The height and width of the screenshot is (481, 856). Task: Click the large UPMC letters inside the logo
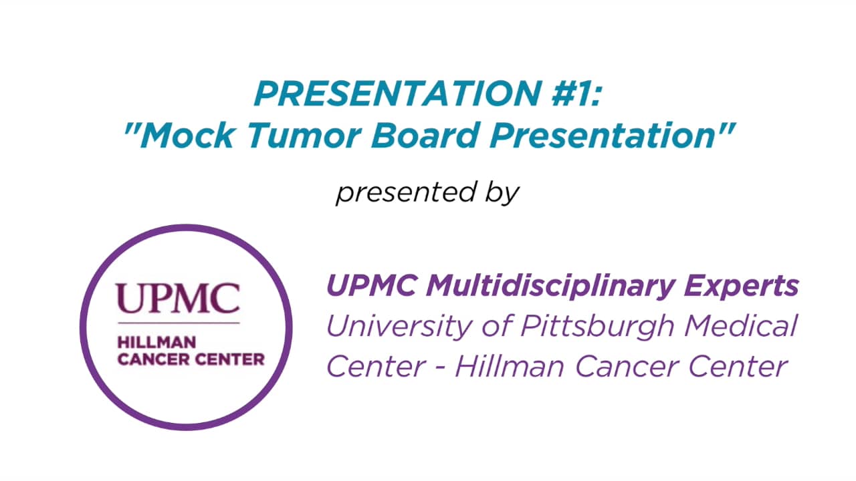pyautogui.click(x=178, y=299)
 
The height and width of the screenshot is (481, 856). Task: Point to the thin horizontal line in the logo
pyautogui.click(x=178, y=323)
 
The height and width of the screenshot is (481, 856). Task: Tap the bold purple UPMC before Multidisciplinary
pyautogui.click(x=372, y=287)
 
